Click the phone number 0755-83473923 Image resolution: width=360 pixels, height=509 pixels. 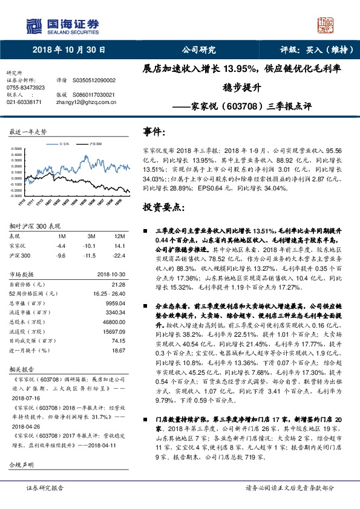(x=25, y=87)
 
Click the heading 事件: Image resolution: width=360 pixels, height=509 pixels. (x=154, y=131)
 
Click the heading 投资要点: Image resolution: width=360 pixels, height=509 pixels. (x=162, y=207)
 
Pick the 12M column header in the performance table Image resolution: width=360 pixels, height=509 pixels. (x=120, y=235)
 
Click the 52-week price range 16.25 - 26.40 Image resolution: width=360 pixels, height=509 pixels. (x=109, y=293)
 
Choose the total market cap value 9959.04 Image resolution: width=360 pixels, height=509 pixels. (x=115, y=302)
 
